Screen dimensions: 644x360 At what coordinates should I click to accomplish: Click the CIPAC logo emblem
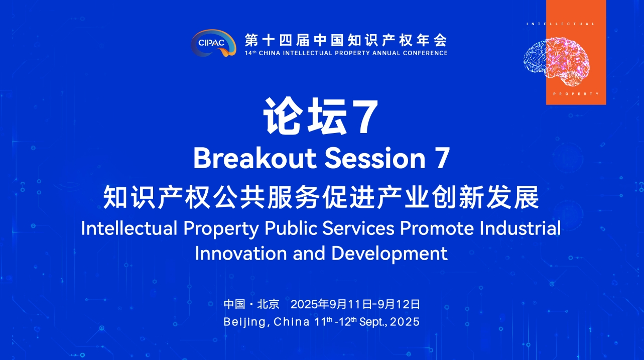(213, 43)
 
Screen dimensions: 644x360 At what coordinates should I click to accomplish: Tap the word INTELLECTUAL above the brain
(561, 24)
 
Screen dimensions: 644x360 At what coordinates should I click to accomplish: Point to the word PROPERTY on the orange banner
(576, 94)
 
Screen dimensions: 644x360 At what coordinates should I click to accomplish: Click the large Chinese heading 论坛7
(321, 116)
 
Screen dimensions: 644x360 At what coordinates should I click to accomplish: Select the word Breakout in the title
(255, 158)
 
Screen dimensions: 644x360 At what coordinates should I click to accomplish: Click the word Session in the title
(375, 158)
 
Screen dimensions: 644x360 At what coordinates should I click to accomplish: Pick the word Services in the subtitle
(358, 228)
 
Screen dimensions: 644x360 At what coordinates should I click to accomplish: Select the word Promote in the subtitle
(437, 228)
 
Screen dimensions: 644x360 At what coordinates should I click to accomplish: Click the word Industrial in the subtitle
(520, 228)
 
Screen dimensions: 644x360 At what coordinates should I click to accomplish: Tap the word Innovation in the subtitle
(241, 254)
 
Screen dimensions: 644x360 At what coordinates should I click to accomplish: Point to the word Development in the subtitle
(390, 254)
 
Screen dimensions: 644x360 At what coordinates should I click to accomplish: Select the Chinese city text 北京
(268, 304)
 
